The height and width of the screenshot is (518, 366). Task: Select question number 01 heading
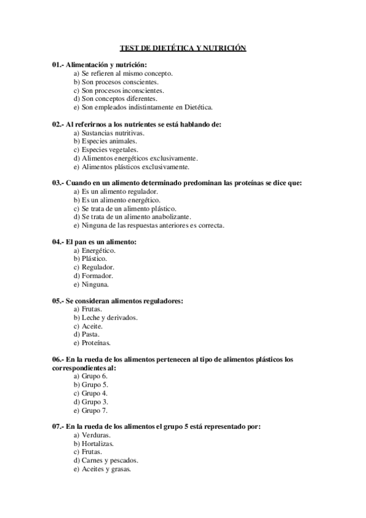(100, 64)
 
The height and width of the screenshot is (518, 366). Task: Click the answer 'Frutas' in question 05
(87, 309)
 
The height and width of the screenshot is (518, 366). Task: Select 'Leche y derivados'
(105, 318)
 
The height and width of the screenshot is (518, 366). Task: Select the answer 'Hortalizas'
(93, 443)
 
